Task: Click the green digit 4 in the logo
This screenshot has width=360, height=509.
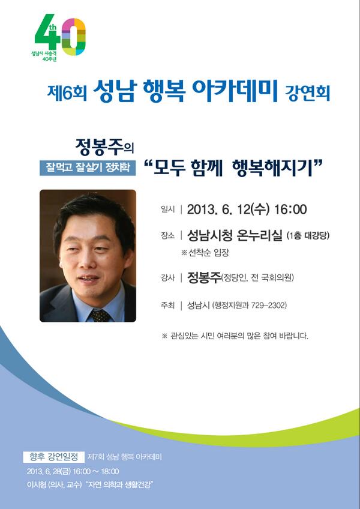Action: click(47, 35)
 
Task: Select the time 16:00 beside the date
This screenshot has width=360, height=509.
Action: click(290, 209)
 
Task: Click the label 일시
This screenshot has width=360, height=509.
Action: click(167, 210)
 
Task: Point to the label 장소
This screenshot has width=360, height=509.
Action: click(167, 236)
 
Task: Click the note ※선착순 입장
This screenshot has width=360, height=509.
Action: click(205, 253)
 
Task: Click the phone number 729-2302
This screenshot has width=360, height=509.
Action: click(269, 306)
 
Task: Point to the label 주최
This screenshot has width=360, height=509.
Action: click(167, 306)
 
